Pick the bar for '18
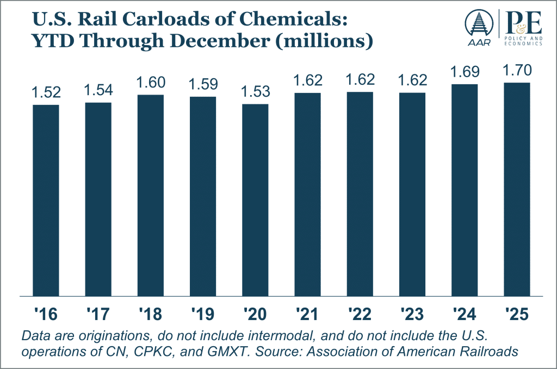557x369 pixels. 151,195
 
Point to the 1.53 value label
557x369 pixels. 255,92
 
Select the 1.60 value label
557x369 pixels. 151,83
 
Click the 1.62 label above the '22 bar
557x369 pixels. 360,81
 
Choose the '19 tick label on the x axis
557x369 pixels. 202,315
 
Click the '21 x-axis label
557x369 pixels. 307,315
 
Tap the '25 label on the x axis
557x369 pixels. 516,315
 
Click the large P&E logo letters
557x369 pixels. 523,22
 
